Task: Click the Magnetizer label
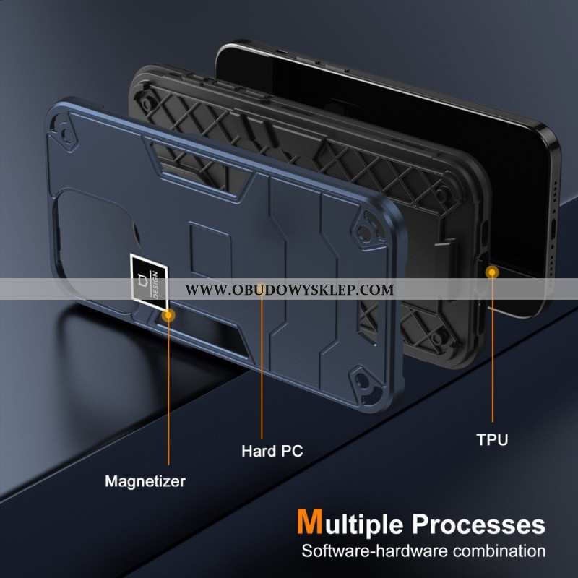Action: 145,481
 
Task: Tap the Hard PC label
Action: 272,451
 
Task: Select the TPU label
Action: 492,439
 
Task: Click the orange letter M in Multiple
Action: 310,521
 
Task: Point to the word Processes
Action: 478,525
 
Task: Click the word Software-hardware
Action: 375,551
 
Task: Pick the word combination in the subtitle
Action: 499,551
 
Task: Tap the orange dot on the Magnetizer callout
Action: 168,315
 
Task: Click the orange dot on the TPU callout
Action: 492,272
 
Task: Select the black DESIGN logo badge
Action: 150,282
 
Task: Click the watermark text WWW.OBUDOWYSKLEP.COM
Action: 290,290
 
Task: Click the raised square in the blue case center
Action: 210,250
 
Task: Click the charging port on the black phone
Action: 553,229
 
